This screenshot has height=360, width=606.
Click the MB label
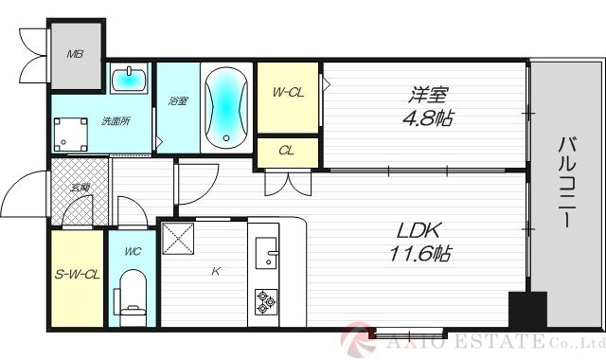[x=74, y=54]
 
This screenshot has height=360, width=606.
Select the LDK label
[x=418, y=229]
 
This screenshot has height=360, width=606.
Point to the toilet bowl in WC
[x=131, y=293]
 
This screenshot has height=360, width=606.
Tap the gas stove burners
[x=264, y=302]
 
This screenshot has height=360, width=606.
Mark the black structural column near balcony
[x=526, y=311]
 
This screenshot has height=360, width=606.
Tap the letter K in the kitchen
[x=216, y=273]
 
